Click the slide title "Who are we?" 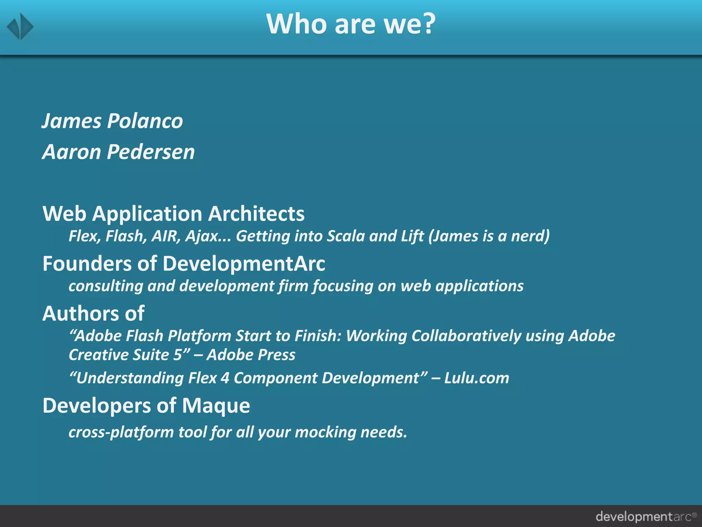coord(351,24)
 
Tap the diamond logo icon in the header coord(20,26)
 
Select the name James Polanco coord(112,121)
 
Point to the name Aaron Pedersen coord(118,152)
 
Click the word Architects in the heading coord(256,214)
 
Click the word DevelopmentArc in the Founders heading coord(244,264)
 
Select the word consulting coord(106,286)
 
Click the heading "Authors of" coord(93,314)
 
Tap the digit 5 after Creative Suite coord(177,355)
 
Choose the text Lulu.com coord(476,378)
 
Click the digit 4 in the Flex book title coord(225,378)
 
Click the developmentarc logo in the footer coord(646,516)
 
